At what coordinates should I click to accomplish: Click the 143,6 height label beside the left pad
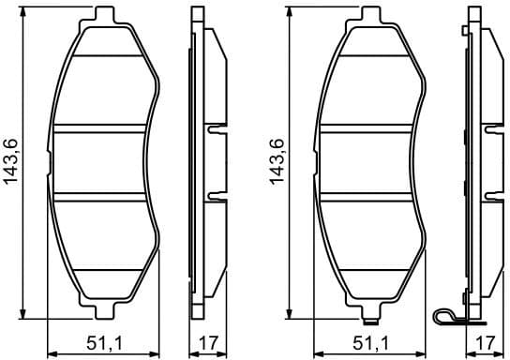coord(11,165)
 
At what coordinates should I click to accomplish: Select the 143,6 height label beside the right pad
coord(277,165)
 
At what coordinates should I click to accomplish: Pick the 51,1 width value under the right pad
coord(371,342)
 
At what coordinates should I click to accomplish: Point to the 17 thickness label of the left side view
coord(207,342)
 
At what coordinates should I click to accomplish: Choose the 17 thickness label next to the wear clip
coord(484,342)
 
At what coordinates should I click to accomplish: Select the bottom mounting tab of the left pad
coord(103,310)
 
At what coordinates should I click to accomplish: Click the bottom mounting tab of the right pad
coord(369,310)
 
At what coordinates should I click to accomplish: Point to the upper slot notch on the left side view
coord(216,130)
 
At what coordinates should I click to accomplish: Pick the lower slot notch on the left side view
coord(216,198)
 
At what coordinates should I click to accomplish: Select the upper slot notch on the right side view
coord(491,130)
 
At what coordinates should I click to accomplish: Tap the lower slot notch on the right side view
coord(491,198)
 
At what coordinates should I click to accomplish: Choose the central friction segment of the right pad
coord(371,164)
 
